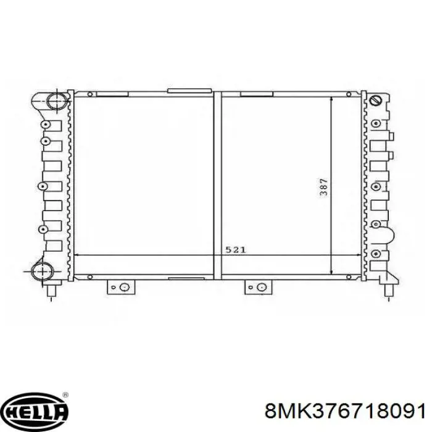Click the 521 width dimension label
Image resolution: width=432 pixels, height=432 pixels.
[x=236, y=250]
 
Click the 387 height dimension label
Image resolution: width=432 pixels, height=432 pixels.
[x=324, y=187]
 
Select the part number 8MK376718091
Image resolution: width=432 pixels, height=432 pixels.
[x=344, y=412]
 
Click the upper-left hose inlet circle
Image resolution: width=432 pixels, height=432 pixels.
[x=57, y=101]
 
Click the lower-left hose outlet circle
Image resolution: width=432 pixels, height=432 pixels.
[x=43, y=272]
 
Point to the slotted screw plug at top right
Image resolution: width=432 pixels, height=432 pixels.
[x=375, y=100]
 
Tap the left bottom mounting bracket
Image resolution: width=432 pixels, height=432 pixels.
[x=121, y=287]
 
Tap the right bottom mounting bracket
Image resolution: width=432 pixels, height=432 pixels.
[x=258, y=287]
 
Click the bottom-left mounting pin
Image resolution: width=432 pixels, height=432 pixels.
[x=51, y=291]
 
